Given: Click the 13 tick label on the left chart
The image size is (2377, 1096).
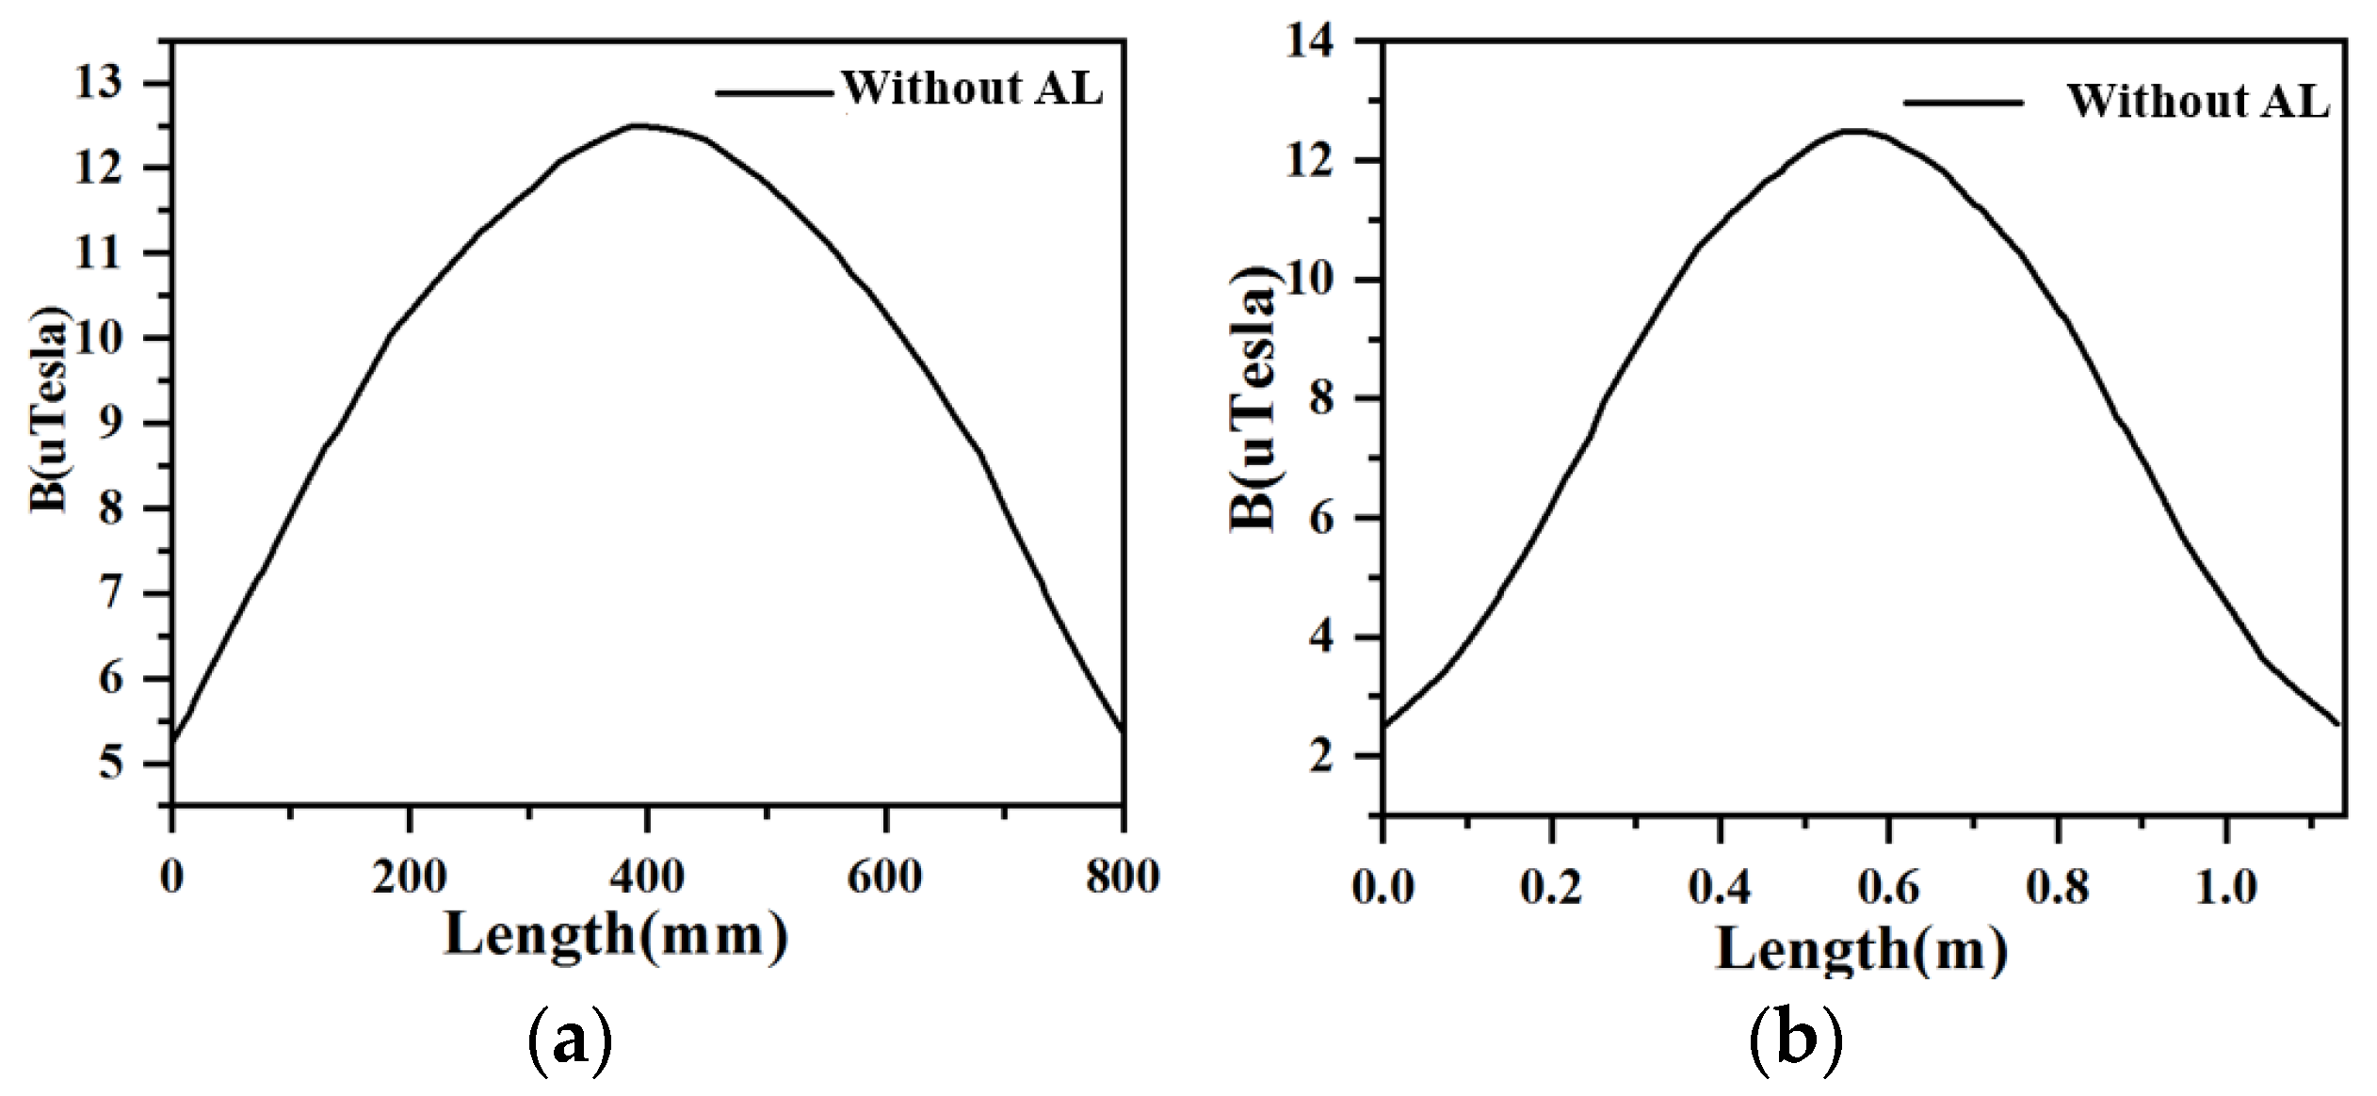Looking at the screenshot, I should point(99,84).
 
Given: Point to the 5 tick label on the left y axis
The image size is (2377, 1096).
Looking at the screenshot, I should point(111,762).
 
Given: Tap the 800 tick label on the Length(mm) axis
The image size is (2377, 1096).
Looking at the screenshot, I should point(1122,878).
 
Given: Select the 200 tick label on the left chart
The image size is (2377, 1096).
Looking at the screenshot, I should point(409,878).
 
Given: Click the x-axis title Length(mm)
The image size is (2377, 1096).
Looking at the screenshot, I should point(616,935).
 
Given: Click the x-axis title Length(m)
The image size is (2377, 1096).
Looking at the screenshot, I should point(1861,948).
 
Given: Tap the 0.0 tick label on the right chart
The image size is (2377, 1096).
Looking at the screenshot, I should point(1383,887).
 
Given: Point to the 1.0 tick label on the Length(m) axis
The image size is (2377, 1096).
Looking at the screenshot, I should point(2225,887).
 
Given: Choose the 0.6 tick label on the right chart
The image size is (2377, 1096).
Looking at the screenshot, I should point(1888,887).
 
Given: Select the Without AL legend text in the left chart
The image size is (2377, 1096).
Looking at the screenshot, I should point(972,89).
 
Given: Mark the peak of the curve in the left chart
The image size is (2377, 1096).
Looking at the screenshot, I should point(640,125).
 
